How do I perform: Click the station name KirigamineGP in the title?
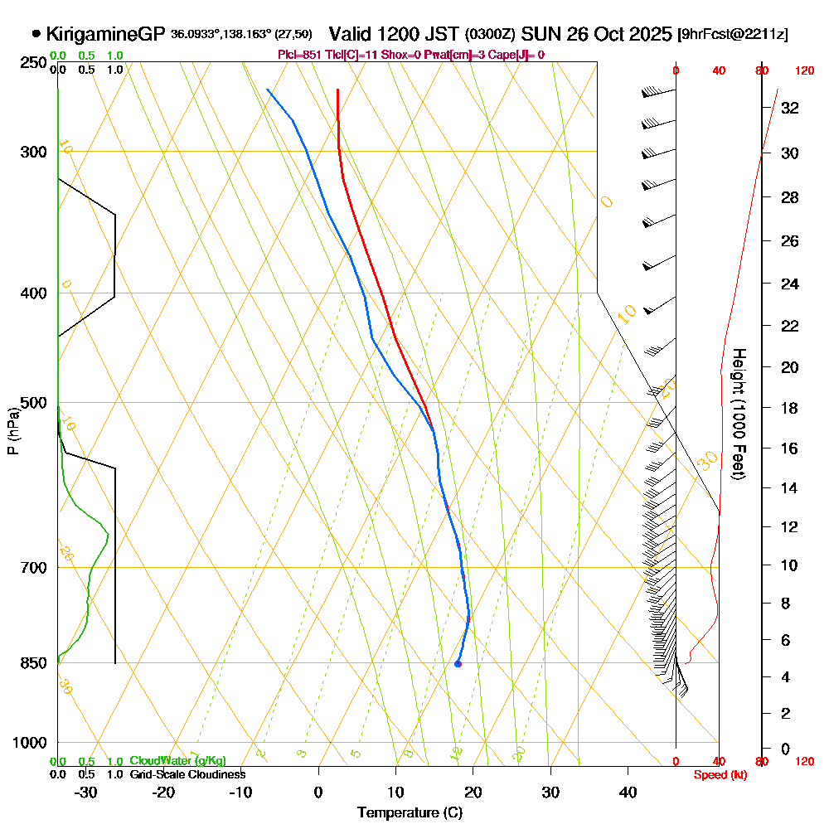106,35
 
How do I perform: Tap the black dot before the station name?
36,35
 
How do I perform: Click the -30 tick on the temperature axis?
86,792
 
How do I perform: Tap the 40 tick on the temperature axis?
628,792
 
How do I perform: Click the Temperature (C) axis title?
410,812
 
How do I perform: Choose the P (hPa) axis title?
13,431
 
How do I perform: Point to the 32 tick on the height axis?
790,107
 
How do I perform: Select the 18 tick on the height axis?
790,408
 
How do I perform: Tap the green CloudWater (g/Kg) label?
177,761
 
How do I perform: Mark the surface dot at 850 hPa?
458,663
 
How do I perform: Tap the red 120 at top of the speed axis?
804,70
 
